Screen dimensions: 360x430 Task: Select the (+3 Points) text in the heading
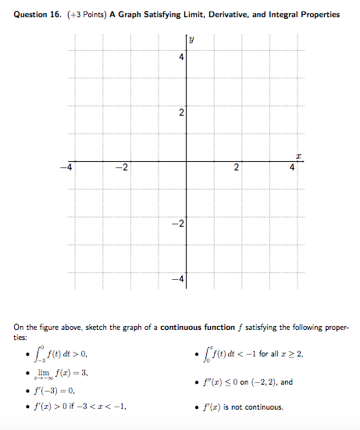pos(82,15)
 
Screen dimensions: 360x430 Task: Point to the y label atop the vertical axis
pos(192,40)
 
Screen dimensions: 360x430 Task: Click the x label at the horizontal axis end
pos(298,155)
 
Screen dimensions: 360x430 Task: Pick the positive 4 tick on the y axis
pos(180,57)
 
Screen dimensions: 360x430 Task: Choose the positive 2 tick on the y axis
pos(180,114)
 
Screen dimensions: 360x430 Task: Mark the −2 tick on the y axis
pos(178,225)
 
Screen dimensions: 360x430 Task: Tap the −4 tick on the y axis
pos(178,279)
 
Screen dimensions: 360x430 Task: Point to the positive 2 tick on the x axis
pos(240,170)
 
